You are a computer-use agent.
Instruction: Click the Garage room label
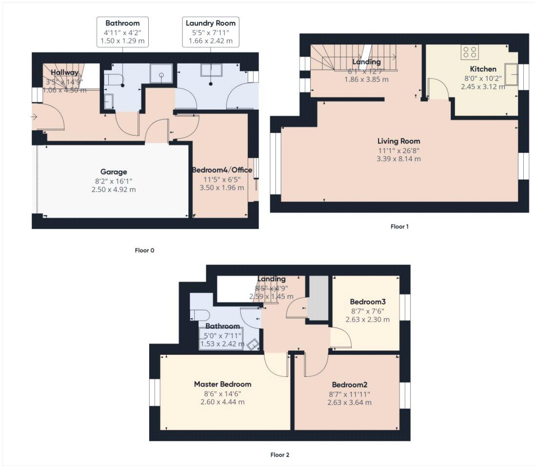(114, 172)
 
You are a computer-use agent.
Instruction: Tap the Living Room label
(398, 141)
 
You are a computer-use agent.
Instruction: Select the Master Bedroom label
(222, 384)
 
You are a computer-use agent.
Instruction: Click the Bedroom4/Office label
(222, 170)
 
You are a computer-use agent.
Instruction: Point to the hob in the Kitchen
(470, 52)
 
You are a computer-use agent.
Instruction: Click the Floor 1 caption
(399, 226)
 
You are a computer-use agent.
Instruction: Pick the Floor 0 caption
(144, 250)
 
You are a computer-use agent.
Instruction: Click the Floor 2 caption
(280, 455)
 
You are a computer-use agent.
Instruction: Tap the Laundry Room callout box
(211, 32)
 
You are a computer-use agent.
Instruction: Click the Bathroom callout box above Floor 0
(122, 32)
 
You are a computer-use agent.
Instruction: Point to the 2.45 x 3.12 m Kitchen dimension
(483, 87)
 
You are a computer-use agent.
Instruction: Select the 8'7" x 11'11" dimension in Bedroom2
(349, 394)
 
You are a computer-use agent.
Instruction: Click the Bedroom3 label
(367, 302)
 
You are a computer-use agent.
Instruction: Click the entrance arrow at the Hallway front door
(34, 117)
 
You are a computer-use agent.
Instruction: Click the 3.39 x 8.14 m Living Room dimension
(398, 159)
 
